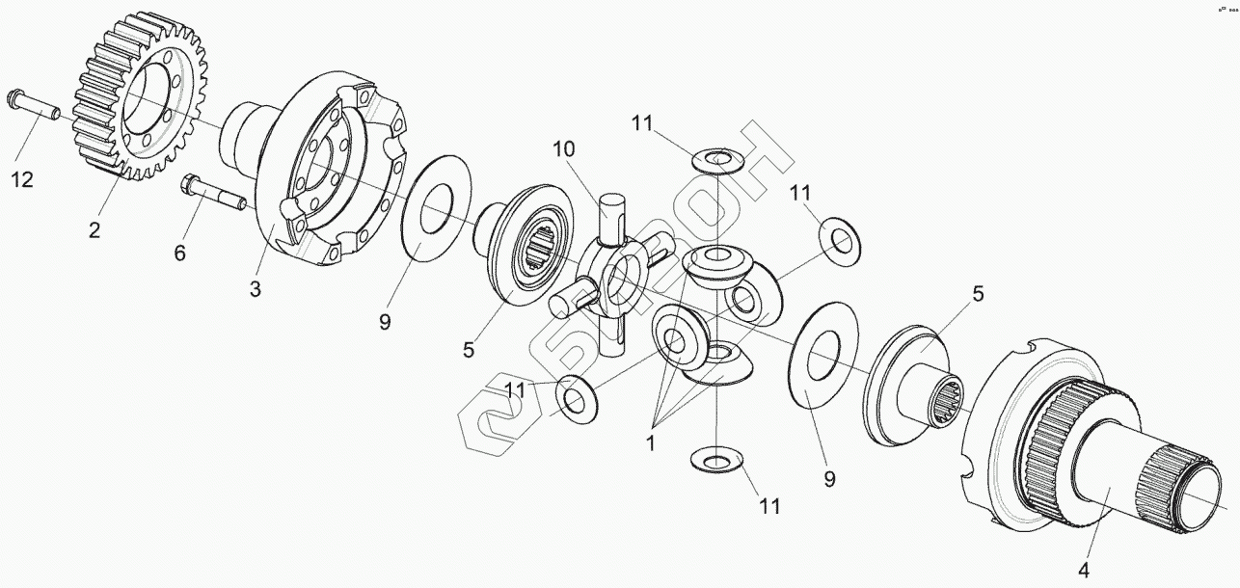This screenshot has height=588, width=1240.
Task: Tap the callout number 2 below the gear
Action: coord(94,229)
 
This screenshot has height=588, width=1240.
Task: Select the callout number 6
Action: coord(179,253)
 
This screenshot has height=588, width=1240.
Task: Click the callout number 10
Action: coord(563,149)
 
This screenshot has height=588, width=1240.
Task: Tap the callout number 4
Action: coord(1083,571)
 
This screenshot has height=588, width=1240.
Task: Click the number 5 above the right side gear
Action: coord(978,294)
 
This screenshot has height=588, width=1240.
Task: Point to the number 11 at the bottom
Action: coord(768,504)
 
